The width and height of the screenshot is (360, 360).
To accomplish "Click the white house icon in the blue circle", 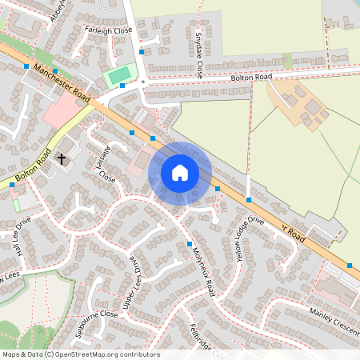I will coord(180,173).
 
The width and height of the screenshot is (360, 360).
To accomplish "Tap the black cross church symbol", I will coord(61,158).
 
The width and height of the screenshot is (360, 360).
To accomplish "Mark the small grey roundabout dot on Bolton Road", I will coord(142,82).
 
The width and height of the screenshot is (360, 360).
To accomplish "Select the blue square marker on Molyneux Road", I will coord(190,242).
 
